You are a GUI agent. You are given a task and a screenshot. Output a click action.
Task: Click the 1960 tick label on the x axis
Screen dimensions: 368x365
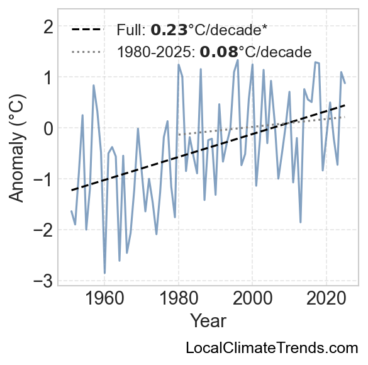coord(104,299)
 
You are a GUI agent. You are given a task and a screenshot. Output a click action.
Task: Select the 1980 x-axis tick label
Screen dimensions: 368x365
coord(179,299)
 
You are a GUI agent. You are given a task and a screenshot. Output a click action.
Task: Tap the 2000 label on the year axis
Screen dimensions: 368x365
coord(252,299)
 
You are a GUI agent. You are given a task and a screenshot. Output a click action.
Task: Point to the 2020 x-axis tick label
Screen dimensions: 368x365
coord(326,299)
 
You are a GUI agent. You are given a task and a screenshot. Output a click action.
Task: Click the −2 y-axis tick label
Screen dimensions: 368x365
coord(43,230)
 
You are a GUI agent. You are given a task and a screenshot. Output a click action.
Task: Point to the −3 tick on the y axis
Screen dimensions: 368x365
coord(43,281)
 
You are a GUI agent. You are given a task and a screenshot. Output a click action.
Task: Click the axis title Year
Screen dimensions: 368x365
coord(208,321)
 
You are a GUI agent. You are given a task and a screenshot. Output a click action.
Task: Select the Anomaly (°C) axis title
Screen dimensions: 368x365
coord(16,148)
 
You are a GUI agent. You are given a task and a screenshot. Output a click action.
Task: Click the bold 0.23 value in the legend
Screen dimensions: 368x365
coord(169,30)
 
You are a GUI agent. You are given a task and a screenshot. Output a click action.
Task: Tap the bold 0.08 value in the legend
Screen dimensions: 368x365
coord(219,52)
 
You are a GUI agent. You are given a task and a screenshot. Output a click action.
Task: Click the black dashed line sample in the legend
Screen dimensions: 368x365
coord(87,30)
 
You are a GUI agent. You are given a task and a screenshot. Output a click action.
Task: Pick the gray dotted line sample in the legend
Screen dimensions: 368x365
coord(87,52)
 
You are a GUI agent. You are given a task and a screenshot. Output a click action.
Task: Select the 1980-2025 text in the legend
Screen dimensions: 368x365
coord(156,52)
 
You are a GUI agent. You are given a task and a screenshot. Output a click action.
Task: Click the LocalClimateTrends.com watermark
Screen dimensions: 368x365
coord(272,347)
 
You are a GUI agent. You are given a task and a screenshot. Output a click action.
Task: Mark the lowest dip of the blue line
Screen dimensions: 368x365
coord(104,273)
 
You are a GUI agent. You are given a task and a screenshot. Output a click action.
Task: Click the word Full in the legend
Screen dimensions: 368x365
coord(131,30)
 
